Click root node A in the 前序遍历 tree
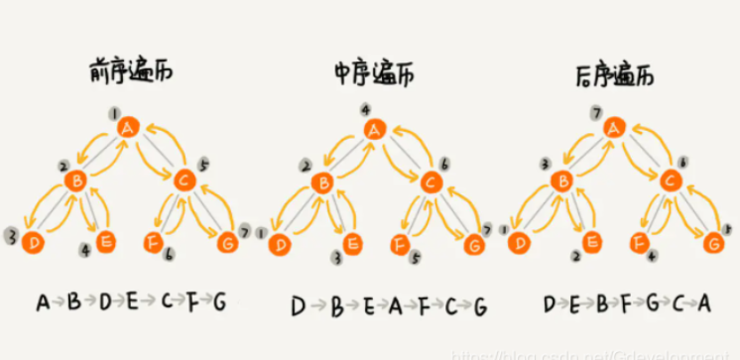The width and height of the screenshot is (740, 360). [x=127, y=127]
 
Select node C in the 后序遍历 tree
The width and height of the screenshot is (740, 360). [x=672, y=181]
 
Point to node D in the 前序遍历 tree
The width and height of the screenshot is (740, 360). [x=34, y=241]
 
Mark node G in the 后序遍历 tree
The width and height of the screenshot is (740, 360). [x=713, y=241]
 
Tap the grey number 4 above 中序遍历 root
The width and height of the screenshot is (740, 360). [x=366, y=108]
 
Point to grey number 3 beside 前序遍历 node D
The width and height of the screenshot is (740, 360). [x=11, y=238]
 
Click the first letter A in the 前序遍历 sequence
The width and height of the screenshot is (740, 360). [x=43, y=300]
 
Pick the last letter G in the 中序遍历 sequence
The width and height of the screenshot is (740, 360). [x=480, y=306]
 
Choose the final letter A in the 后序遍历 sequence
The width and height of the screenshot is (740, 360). [x=704, y=302]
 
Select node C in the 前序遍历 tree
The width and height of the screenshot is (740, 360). [x=183, y=180]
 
